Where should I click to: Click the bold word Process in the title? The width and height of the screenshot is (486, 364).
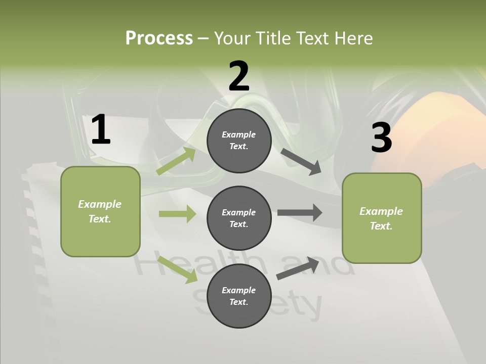(x=159, y=38)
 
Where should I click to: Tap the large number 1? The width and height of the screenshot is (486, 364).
(x=101, y=129)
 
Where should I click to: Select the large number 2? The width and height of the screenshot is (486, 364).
(x=239, y=76)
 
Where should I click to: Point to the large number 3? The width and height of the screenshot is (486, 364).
(x=381, y=138)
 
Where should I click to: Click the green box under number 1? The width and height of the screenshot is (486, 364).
(x=100, y=211)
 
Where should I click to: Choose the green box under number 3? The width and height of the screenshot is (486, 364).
(x=382, y=218)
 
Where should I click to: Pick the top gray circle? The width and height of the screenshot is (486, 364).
(x=239, y=141)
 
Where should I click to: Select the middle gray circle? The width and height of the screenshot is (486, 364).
(x=239, y=218)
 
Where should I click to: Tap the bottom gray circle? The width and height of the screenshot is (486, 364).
(x=239, y=296)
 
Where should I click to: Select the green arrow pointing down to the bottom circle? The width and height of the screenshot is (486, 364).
(x=178, y=269)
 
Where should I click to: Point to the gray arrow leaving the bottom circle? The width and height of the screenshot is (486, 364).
(x=298, y=268)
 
